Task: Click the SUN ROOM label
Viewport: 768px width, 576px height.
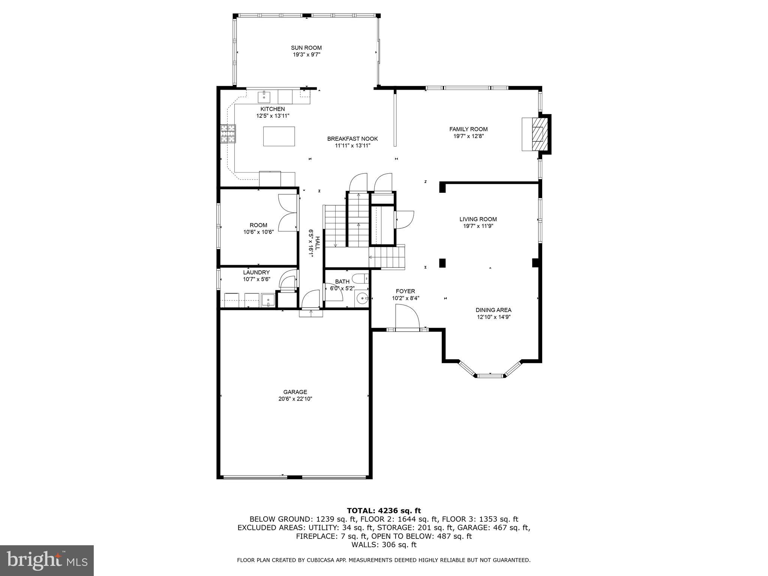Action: coord(306,48)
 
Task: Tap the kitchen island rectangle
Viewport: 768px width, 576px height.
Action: coord(279,136)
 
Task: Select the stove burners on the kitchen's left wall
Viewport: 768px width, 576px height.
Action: coord(228,134)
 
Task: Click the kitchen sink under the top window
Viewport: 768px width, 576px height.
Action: coord(264,97)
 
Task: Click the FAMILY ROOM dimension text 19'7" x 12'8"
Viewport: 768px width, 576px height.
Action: coord(468,136)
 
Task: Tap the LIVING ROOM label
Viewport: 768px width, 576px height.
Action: coord(478,219)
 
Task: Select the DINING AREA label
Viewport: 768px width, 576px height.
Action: coord(493,310)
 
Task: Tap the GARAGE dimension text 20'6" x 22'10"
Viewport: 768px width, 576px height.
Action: coord(295,399)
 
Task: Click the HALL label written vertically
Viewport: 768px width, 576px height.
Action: coord(317,243)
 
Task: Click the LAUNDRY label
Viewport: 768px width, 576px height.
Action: coord(256,272)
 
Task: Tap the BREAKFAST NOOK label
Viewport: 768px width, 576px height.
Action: coord(352,139)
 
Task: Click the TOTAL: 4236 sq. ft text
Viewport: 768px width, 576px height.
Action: coord(384,510)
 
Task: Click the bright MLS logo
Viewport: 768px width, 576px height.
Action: coord(47,560)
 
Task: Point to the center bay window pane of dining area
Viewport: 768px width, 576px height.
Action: coord(490,375)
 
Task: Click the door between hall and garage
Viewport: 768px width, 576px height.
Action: coord(310,300)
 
